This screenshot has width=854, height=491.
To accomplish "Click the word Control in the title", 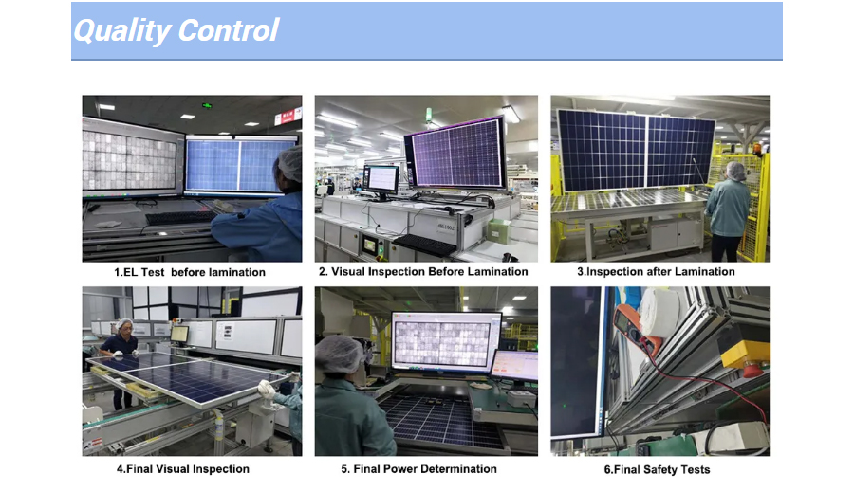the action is click(229, 29).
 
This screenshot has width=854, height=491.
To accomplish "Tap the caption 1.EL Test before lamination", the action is click(190, 272).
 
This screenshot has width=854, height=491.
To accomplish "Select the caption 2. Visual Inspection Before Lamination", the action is click(423, 272).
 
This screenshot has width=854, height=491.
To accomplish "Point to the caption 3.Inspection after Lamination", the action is click(656, 272).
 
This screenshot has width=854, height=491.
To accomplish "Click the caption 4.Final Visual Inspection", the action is click(183, 468).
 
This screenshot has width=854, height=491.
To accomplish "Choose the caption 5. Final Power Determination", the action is click(418, 468).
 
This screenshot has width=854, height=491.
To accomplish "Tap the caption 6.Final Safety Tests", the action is click(657, 469).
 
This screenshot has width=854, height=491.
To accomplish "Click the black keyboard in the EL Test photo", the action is click(181, 217).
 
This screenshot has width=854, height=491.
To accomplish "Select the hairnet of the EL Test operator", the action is click(290, 163).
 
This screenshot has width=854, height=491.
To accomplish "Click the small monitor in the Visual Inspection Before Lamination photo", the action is click(381, 180).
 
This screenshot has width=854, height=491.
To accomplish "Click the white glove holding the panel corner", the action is click(267, 389).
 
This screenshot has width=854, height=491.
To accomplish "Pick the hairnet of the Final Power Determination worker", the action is click(340, 355).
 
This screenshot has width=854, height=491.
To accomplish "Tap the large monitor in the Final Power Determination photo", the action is click(446, 343).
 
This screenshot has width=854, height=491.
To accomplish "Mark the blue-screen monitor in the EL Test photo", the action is click(241, 166).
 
